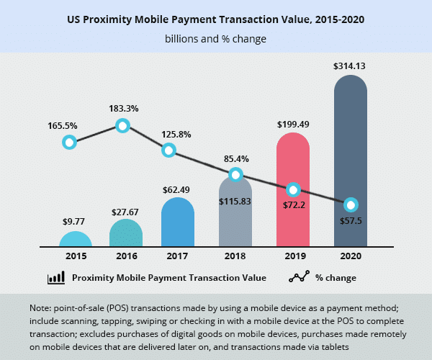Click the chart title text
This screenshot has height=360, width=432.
click(215, 19)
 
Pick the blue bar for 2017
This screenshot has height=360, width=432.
click(178, 223)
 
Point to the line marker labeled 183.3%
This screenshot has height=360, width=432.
click(122, 126)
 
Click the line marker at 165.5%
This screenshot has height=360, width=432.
click(69, 142)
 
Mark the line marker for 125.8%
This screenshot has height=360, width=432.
click(168, 150)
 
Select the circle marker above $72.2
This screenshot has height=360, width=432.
click(293, 190)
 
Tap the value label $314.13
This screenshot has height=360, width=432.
click(351, 66)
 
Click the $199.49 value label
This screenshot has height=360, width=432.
click(293, 124)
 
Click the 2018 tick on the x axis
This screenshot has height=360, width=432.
click(235, 256)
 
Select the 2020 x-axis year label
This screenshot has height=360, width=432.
click(351, 256)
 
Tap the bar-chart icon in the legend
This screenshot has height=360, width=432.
click(56, 278)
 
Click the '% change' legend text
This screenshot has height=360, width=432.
click(336, 278)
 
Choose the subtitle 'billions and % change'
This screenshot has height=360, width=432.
click(215, 39)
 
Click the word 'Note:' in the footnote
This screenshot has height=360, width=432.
click(42, 308)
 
